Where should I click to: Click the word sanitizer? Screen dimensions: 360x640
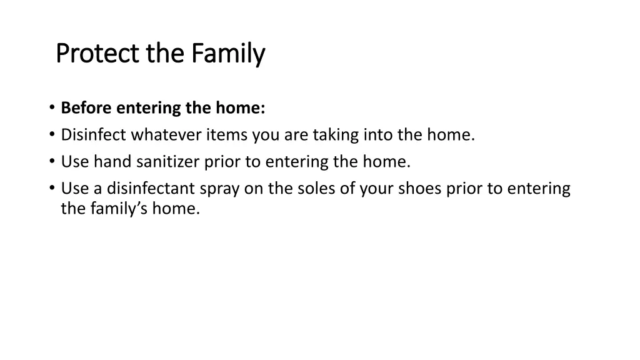tap(166, 162)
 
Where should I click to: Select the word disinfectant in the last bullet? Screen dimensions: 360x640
tap(151, 189)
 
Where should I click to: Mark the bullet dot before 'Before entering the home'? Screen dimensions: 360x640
tap(52, 108)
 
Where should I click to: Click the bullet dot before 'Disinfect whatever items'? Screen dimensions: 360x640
tap(52, 135)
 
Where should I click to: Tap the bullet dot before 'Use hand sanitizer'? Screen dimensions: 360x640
tap(52, 162)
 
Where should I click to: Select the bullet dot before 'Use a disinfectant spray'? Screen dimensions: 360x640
tap(52, 189)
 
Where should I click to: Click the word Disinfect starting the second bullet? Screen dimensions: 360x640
tap(94, 135)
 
